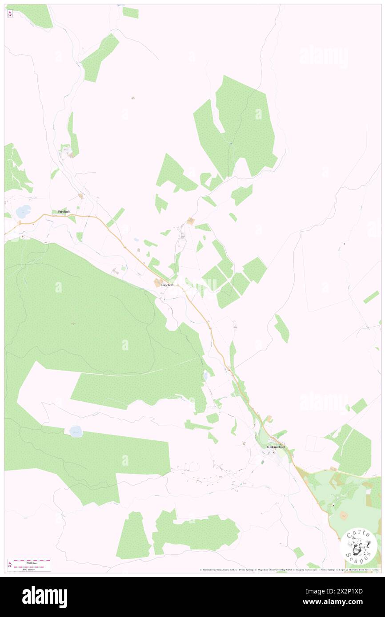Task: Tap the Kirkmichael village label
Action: tap(276, 447)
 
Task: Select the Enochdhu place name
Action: tap(168, 285)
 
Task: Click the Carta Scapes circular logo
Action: tap(358, 546)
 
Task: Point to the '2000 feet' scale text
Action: tap(28, 562)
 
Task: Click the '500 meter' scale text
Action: tap(28, 569)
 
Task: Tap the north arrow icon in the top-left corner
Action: tap(10, 14)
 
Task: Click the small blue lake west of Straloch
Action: tap(23, 211)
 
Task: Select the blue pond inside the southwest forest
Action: tap(76, 431)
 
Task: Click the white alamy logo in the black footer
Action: tap(44, 597)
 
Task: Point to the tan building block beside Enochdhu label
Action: tap(158, 283)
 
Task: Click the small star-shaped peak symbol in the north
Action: tap(133, 98)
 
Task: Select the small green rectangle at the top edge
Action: tap(130, 13)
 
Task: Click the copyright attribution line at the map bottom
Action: tap(289, 570)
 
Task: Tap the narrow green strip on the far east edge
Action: tap(371, 297)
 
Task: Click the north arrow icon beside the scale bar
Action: tap(10, 565)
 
